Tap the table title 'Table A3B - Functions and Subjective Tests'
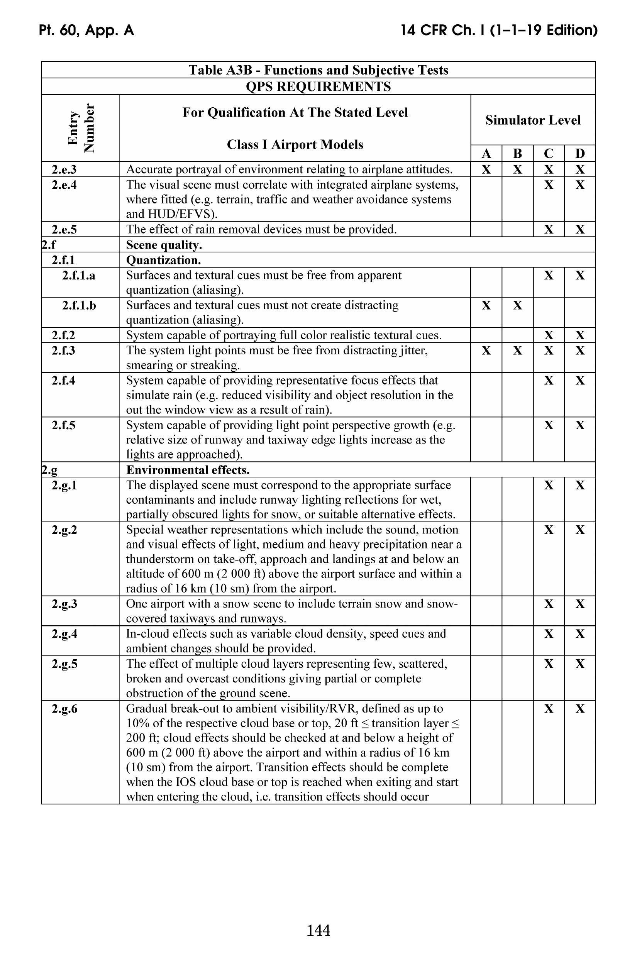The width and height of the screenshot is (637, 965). pos(318,70)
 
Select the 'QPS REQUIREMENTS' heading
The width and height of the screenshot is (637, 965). pos(318,86)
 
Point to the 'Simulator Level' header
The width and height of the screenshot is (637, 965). pos(533,120)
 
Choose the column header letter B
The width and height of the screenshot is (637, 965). pos(517,154)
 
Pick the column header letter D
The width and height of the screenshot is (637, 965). pos(580,154)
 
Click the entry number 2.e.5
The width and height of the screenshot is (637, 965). pos(64,229)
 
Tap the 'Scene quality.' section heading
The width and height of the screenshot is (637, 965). pos(164,245)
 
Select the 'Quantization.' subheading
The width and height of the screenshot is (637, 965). pos(163,260)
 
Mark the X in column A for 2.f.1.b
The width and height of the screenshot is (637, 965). pos(486,305)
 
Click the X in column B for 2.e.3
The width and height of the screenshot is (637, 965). pos(517,169)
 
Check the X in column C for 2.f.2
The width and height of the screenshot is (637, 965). pos(549,335)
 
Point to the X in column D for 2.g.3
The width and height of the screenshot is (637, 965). pos(580,604)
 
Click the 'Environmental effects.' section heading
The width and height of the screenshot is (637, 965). pos(188,470)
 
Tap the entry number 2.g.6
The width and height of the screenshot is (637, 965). pos(64,709)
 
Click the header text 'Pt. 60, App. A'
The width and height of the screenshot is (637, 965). pos(86,30)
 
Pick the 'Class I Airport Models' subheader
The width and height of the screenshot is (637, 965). pos(295,145)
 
